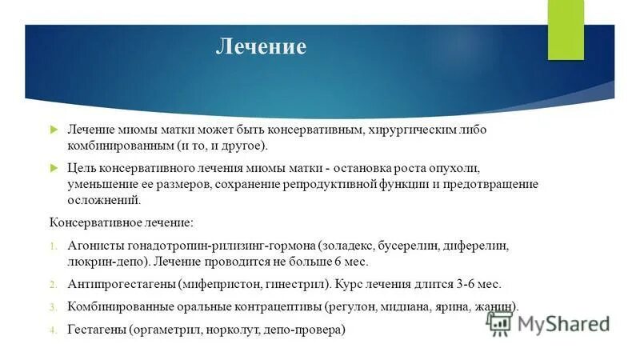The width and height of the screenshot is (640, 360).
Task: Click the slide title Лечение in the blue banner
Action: [260, 47]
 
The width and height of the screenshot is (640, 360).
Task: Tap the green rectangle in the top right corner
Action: [566, 30]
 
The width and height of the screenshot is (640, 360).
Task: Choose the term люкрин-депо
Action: [100, 262]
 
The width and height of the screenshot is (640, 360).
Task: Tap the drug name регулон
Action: [352, 306]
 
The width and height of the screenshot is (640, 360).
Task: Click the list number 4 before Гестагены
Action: [53, 330]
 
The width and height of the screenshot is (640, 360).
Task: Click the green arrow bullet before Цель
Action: [54, 167]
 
